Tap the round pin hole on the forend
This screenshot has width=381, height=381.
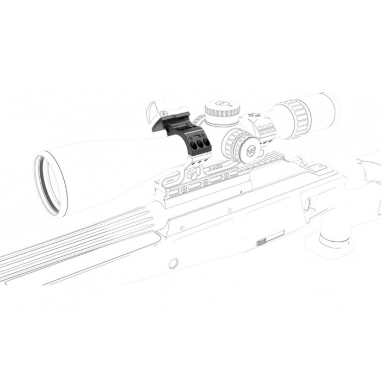pos(173,263)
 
